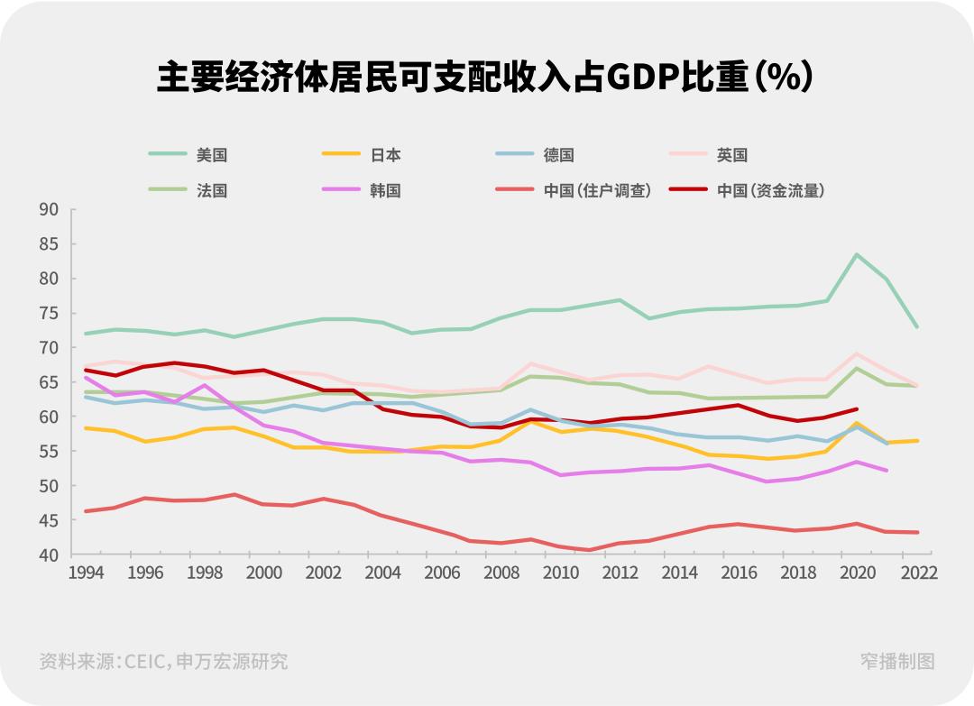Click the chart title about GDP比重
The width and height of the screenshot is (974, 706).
486,77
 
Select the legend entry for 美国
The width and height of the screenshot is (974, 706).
212,155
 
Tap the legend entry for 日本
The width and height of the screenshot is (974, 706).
385,155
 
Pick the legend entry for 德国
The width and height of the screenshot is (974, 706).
558,155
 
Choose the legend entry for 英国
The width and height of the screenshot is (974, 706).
732,155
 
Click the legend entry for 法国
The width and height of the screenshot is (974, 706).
212,190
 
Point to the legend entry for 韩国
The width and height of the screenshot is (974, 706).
385,190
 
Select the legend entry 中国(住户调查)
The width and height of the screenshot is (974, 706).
596,190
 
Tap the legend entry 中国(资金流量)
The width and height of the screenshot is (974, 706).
770,190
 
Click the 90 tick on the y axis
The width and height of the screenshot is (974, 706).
49,210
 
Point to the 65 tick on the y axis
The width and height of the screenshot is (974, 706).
49,382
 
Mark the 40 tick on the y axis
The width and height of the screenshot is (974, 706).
49,555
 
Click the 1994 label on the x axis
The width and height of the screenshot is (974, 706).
87,573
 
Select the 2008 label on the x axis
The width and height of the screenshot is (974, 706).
501,573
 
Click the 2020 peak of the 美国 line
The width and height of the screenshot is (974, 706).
857,254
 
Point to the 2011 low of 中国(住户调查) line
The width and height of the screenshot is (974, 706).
590,550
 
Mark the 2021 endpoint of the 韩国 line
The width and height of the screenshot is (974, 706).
887,471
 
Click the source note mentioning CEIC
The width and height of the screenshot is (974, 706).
163,661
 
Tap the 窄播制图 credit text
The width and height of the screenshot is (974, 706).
897,661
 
